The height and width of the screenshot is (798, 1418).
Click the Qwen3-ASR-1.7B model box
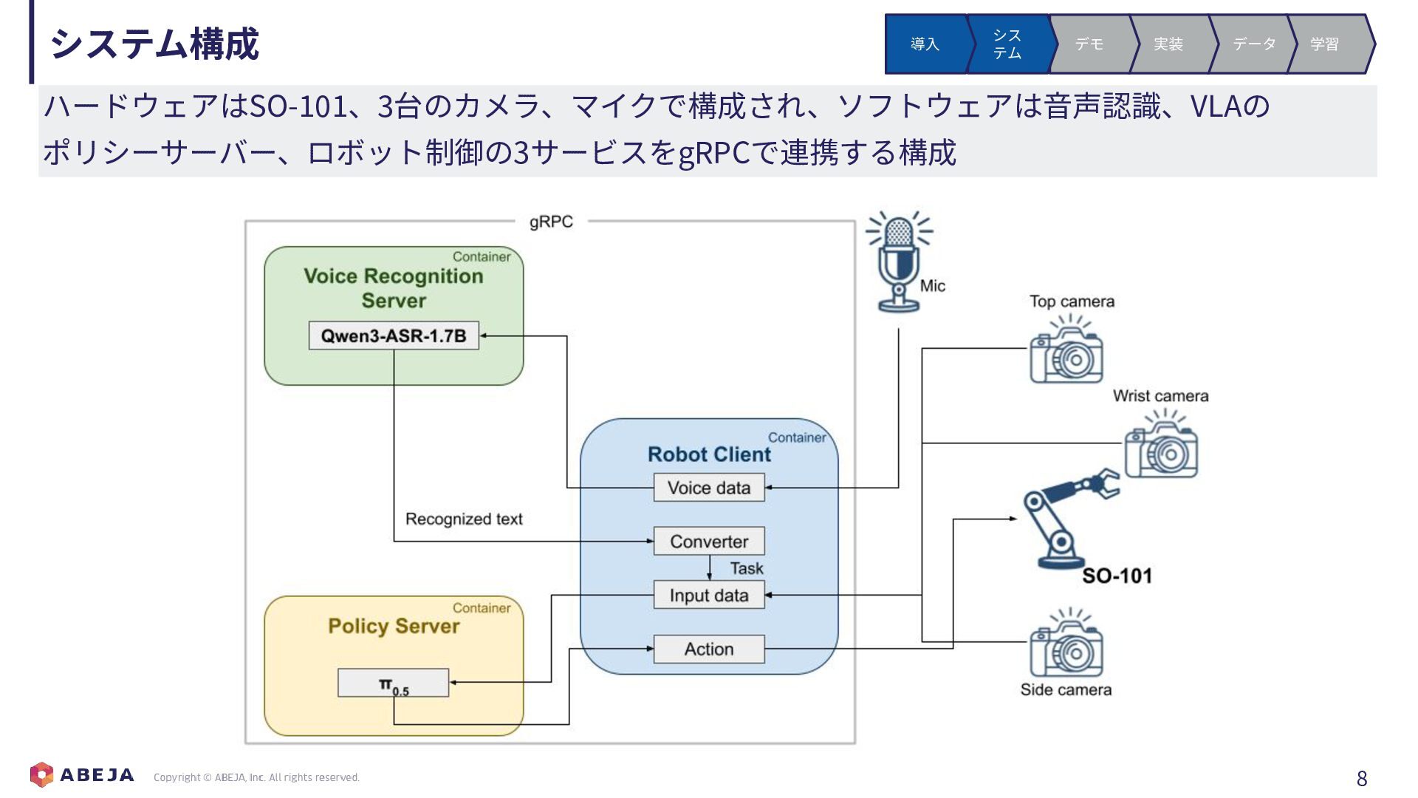tap(394, 335)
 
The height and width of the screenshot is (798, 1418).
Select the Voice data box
tap(709, 488)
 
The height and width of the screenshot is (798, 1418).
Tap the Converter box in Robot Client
tap(709, 542)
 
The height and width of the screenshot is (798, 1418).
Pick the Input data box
tap(709, 595)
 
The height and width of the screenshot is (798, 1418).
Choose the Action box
tap(709, 649)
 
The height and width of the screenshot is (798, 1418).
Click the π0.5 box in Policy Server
tap(394, 683)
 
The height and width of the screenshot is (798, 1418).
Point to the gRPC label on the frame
tap(551, 222)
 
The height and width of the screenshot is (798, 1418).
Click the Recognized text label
tap(464, 519)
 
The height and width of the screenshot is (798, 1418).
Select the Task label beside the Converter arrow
tap(747, 568)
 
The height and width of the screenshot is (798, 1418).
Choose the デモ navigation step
tap(1089, 44)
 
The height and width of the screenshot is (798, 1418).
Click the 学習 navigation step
tap(1326, 44)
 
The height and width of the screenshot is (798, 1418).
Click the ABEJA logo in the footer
tap(82, 774)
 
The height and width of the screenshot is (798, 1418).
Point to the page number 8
tap(1362, 778)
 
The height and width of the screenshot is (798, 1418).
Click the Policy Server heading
tap(394, 626)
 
